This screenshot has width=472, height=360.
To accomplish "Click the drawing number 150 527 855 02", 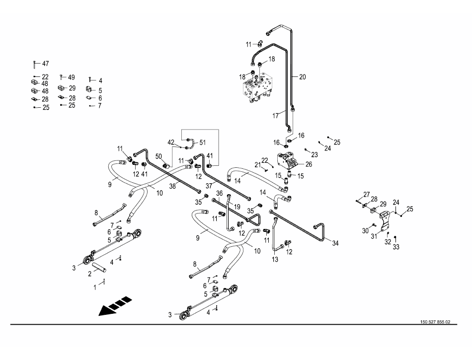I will point(435,322).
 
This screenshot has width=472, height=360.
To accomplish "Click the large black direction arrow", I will point(115,305).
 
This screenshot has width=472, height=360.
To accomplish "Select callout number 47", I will point(45,64).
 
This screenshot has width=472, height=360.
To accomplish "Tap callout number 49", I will point(71,77).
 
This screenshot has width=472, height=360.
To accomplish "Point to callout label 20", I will point(302,77).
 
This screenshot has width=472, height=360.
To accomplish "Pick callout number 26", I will point(309,164).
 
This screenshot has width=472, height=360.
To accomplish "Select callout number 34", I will point(335,243).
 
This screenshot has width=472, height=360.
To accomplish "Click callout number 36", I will point(219,193).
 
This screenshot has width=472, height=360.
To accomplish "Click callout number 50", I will point(158,156).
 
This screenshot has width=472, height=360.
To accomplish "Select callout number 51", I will point(202,143).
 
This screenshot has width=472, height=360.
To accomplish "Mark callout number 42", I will point(171,142).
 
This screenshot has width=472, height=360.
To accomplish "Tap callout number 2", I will point(90,273).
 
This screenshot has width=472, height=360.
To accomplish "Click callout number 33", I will point(396,247).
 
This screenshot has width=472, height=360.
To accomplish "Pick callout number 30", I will point(365,230).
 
